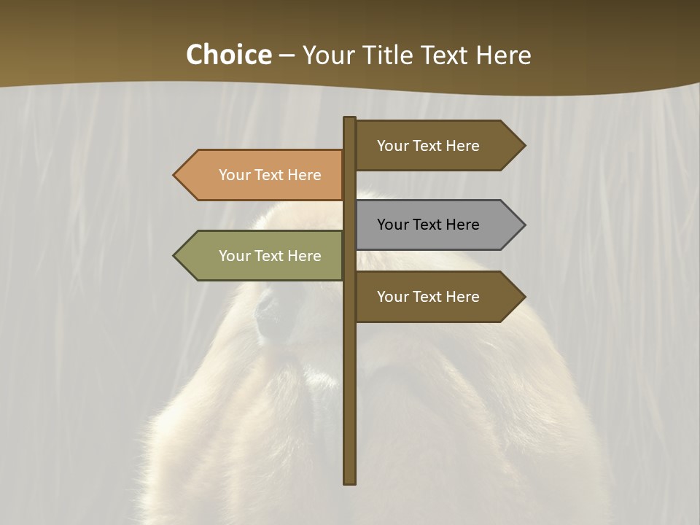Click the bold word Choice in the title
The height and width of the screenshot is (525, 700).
[228, 55]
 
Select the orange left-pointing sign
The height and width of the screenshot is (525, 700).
[262, 175]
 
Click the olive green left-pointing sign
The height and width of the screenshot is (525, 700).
[262, 256]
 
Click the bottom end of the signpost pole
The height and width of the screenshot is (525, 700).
[350, 481]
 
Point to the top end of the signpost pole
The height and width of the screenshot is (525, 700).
[350, 120]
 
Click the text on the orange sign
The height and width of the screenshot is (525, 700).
[270, 175]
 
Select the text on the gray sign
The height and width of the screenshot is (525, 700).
[428, 225]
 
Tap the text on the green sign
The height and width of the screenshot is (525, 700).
[270, 256]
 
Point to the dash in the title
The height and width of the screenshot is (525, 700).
[287, 56]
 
